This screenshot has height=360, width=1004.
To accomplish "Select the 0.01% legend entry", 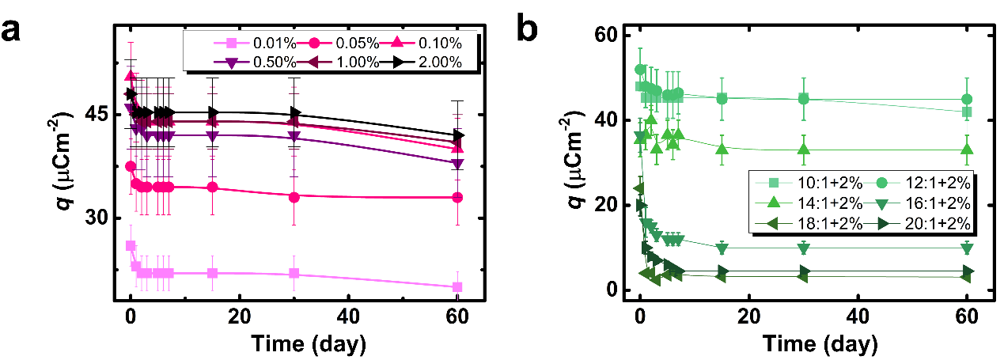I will tap(245, 42).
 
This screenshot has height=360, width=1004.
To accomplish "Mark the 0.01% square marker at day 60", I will tap(457, 287).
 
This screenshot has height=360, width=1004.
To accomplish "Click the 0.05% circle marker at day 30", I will tap(294, 196).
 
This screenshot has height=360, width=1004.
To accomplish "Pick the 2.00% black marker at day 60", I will tap(457, 135).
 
